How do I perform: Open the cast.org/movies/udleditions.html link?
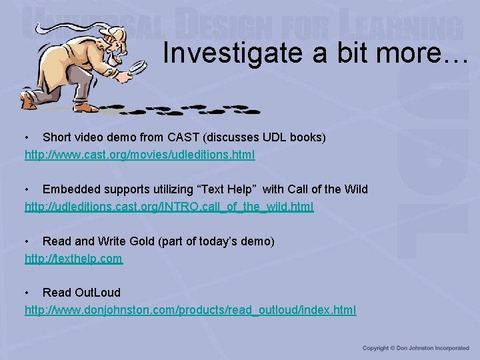139,155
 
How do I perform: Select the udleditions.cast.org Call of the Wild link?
169,207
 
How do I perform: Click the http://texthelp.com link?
73,259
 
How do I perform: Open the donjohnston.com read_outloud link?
190,310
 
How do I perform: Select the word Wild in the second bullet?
355,189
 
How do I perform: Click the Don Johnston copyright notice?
415,348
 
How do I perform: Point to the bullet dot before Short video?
27,137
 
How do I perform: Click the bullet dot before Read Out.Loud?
27,293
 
